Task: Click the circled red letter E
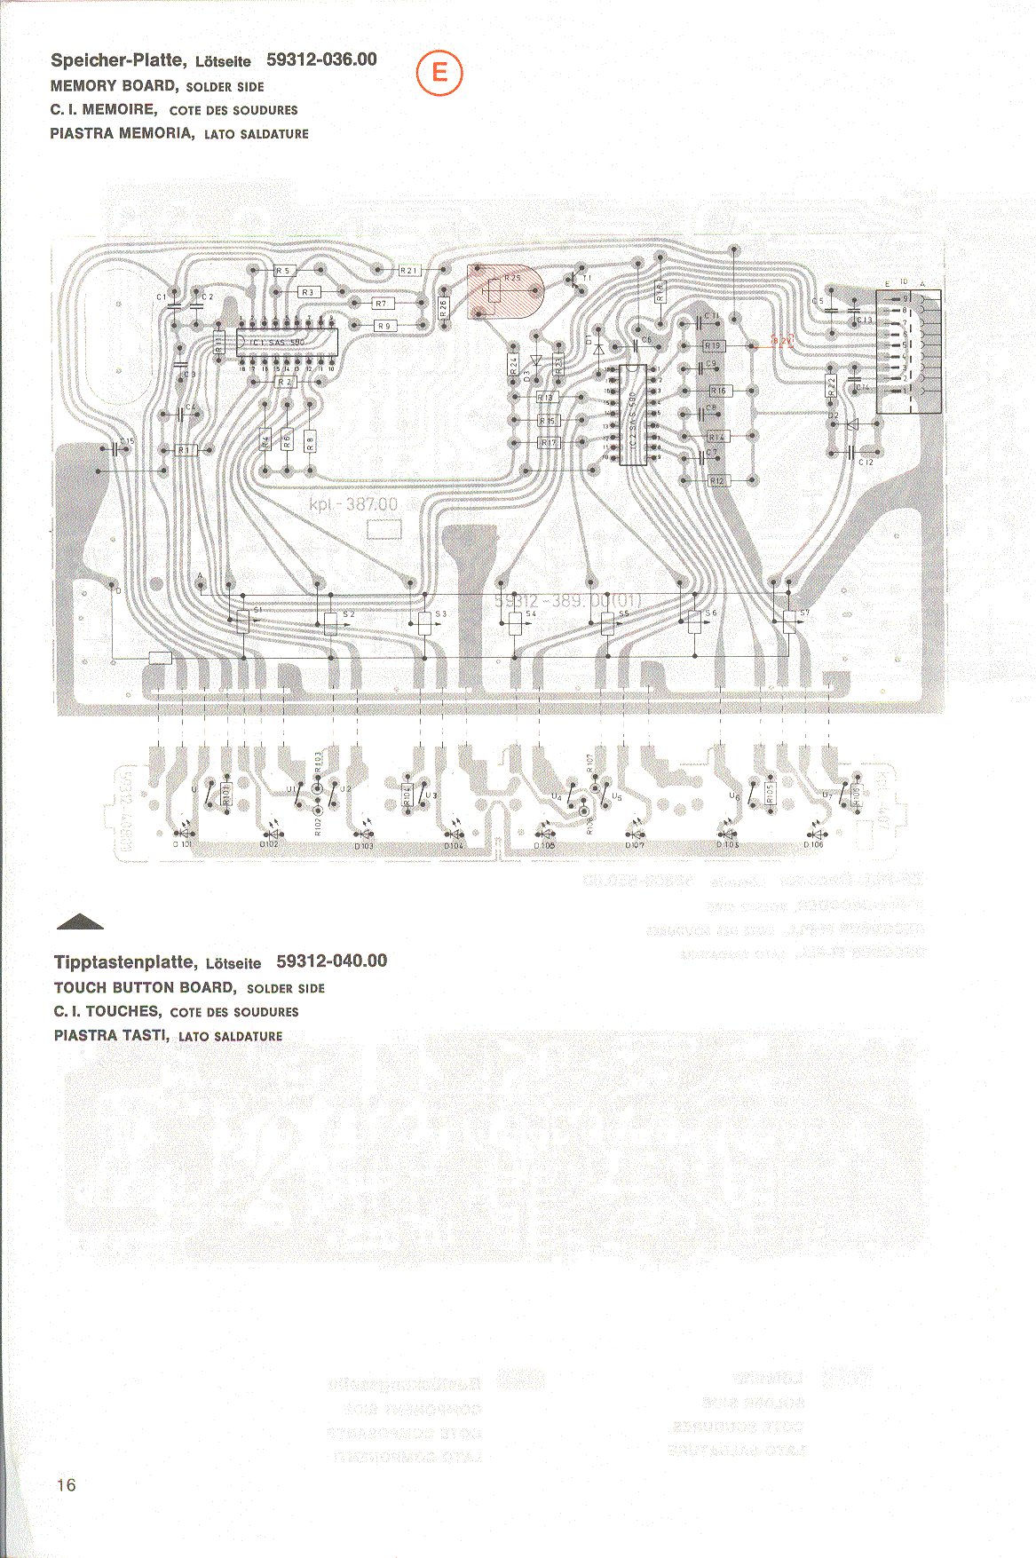pos(439,73)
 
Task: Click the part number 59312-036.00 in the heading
pos(321,59)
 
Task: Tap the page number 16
pos(66,1484)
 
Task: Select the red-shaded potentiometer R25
pos(503,292)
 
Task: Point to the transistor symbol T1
pos(576,280)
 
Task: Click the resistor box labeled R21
pos(409,270)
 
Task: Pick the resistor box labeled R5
pos(285,271)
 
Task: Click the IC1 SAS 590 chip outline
pos(285,342)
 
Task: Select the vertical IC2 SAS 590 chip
pos(632,415)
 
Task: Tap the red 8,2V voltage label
pos(782,340)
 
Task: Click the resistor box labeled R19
pos(714,345)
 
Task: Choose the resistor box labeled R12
pos(717,480)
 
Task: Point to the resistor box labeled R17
pos(549,442)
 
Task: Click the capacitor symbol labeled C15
pos(123,449)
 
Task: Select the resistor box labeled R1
pos(185,450)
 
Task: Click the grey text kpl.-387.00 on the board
pos(353,504)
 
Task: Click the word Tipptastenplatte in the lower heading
pos(124,961)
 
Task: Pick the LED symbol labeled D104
pos(455,834)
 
